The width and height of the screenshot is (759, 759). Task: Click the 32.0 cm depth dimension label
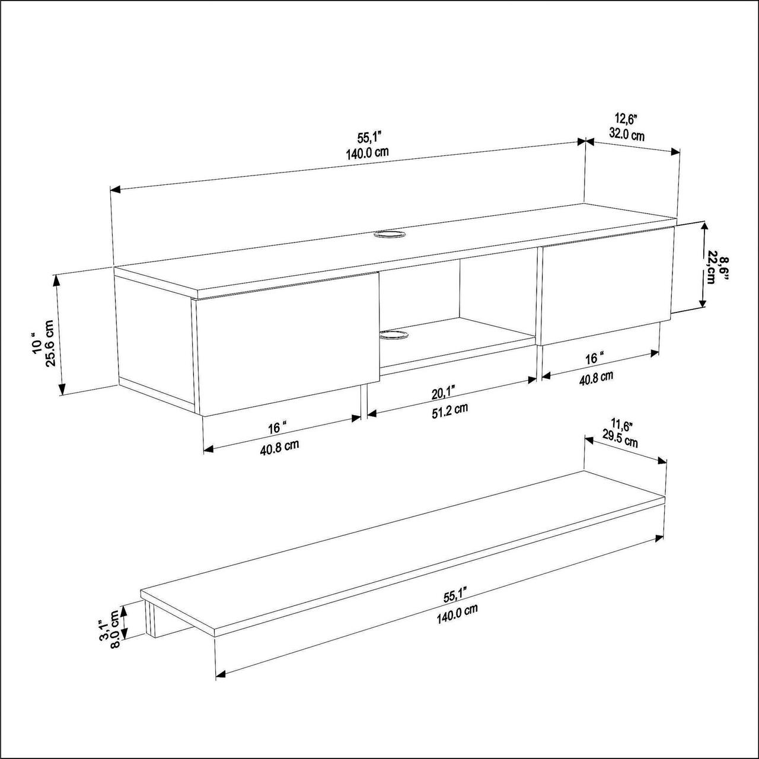click(x=627, y=135)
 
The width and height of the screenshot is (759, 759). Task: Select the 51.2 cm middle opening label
click(x=449, y=410)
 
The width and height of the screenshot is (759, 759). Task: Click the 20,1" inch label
click(x=444, y=393)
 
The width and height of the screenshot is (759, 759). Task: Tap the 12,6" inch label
click(x=626, y=118)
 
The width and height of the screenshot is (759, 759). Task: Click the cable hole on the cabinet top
click(x=389, y=234)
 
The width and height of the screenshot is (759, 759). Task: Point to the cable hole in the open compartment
click(x=393, y=335)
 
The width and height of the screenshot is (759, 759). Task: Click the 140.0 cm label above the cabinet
click(x=368, y=153)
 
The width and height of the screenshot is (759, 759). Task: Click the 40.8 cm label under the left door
click(x=279, y=447)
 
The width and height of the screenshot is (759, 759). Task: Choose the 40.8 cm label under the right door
click(x=596, y=378)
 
